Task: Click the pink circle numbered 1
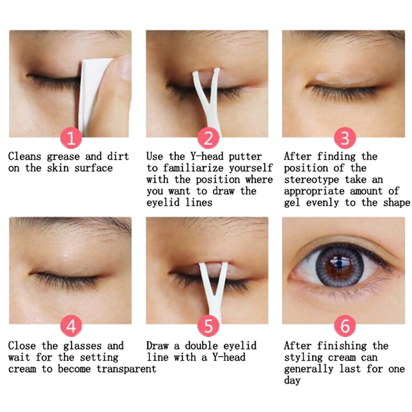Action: pos(71,138)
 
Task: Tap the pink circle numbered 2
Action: pos(208,138)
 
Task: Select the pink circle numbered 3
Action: pos(345,138)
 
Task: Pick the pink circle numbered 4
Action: pos(71,326)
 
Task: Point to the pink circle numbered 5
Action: pos(208,326)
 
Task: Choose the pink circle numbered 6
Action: pos(345,326)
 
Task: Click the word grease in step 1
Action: pos(63,157)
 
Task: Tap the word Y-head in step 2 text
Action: pos(207,157)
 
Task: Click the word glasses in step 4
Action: pos(82,346)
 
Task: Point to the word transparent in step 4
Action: pos(126,369)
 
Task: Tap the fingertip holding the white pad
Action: pos(124,67)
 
